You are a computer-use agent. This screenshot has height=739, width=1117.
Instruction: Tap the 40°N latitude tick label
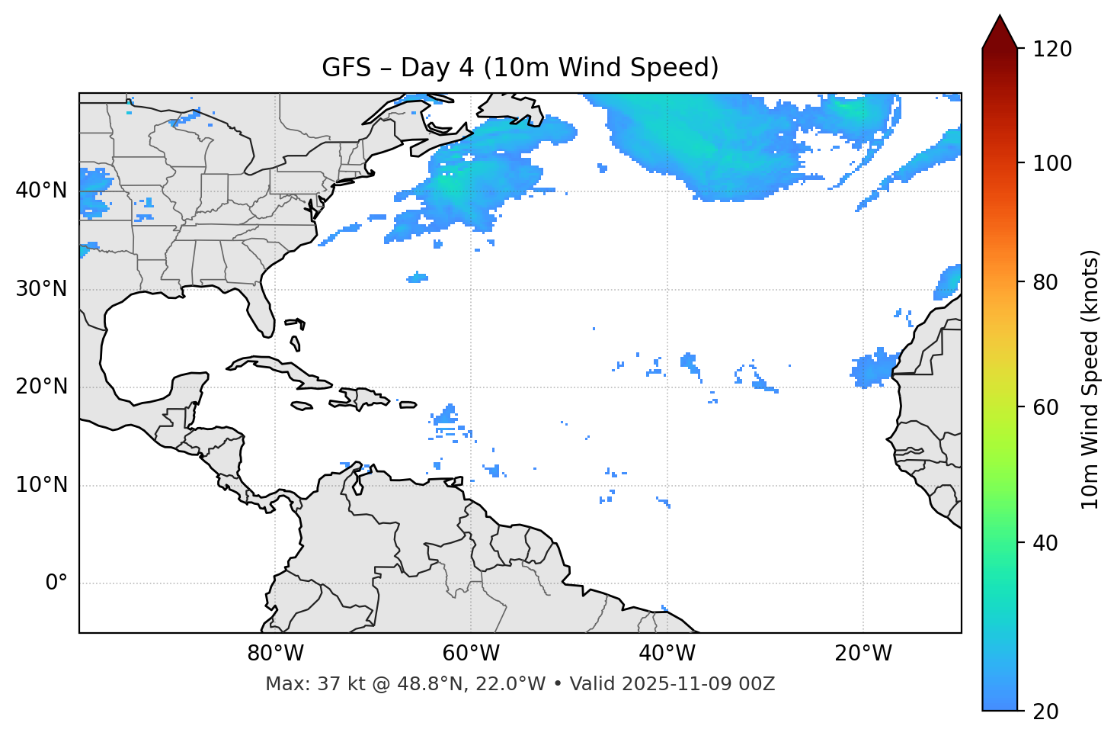click(x=41, y=191)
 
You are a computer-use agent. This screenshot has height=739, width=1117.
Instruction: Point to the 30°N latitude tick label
click(x=41, y=289)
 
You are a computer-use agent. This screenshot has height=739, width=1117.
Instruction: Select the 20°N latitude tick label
click(x=41, y=387)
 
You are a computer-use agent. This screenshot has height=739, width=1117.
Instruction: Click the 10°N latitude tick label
click(x=41, y=485)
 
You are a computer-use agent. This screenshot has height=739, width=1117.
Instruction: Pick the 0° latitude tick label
click(x=56, y=583)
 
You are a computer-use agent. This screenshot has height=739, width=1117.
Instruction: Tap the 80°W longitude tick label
click(x=275, y=654)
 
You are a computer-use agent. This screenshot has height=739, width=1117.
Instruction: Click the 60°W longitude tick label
click(x=471, y=654)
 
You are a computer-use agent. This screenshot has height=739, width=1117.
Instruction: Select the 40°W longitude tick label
click(x=667, y=654)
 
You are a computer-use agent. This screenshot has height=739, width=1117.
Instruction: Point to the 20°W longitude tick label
click(x=863, y=654)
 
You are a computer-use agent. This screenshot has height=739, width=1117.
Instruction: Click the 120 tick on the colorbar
click(x=1052, y=50)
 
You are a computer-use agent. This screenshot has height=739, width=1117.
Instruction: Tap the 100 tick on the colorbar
click(x=1052, y=163)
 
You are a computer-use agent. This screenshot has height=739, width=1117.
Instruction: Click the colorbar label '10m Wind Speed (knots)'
click(x=1090, y=379)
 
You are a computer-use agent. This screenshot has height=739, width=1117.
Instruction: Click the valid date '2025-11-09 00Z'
click(x=698, y=684)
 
